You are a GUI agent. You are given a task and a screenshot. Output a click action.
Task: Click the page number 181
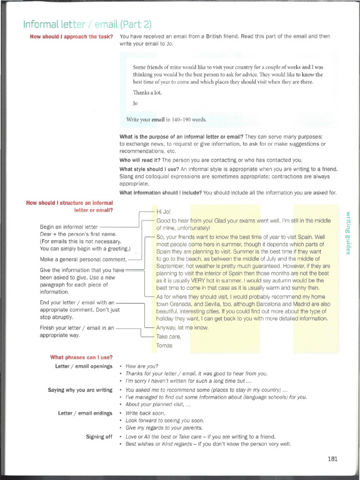[332, 459]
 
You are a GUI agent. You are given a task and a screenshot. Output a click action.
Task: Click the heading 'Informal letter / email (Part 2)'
[87, 24]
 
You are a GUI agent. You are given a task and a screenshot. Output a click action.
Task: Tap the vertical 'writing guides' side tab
[348, 233]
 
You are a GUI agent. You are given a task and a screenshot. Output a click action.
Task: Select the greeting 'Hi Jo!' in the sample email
[164, 212]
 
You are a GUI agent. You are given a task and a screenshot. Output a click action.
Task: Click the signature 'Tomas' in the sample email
[164, 345]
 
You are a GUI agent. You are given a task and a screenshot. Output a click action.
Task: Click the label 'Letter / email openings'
[83, 366]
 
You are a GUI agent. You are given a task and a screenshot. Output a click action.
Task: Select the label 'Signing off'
[99, 436]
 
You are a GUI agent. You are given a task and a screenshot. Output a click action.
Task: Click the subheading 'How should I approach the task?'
[71, 37]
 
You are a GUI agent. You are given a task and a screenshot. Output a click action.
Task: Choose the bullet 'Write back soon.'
[145, 413]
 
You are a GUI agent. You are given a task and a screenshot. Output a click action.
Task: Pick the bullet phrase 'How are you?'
[142, 366]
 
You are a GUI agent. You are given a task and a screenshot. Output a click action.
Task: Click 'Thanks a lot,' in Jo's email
[147, 92]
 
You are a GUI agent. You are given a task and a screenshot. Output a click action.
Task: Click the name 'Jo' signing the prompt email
[135, 103]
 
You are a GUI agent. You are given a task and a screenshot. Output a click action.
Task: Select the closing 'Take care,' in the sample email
[168, 337]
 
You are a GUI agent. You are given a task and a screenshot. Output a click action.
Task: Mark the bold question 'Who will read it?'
[140, 160]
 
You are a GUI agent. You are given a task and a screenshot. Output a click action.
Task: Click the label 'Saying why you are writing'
[80, 390]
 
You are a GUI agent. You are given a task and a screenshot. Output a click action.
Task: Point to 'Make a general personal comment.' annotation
[83, 259]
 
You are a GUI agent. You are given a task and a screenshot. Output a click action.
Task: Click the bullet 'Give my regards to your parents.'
[164, 427]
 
